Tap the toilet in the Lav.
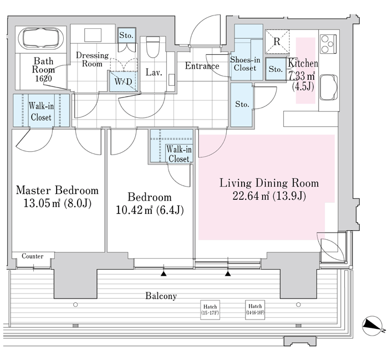152,47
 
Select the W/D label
123,81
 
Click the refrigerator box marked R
277,42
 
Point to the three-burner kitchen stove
328,44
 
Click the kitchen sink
329,87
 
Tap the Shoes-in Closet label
245,64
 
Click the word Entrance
202,66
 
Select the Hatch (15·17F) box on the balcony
210,310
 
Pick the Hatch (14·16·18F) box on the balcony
255,310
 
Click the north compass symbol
372,326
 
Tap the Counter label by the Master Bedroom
32,256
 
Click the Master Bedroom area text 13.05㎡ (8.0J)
58,203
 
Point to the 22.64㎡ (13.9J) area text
269,196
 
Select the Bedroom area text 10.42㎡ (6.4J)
150,210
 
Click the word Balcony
161,296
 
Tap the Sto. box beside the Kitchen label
275,69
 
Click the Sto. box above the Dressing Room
126,35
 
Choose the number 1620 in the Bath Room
44,79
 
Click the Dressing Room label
92,59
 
